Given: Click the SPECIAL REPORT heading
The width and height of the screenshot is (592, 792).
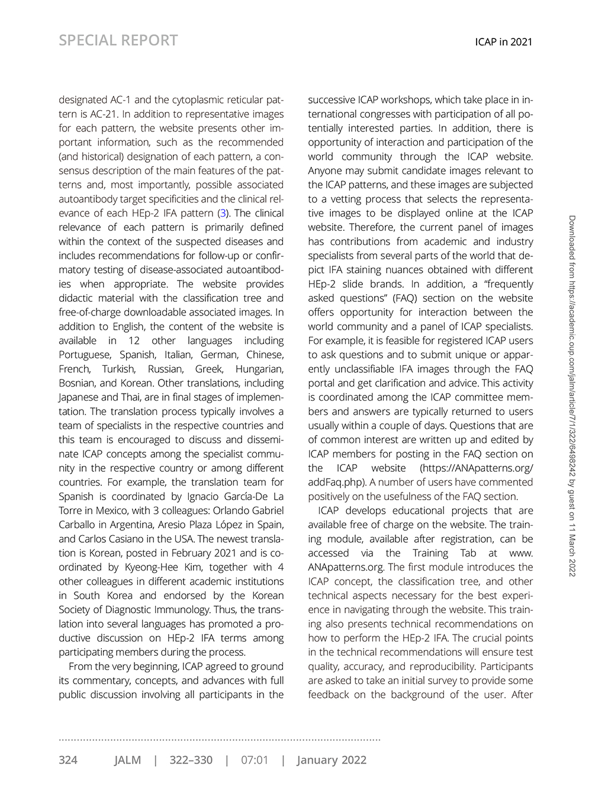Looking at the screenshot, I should coord(118,40).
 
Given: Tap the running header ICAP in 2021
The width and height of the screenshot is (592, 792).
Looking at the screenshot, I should coord(504,41).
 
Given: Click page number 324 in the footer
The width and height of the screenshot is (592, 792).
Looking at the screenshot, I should coord(68,760).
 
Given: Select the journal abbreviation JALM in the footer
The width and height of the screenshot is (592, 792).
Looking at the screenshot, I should coord(128,760).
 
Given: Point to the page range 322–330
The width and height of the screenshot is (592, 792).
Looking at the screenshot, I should coord(191,760).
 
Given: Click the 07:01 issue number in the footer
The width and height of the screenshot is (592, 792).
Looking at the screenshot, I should coord(255,760).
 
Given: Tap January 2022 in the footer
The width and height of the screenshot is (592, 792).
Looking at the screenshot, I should coord(332,760).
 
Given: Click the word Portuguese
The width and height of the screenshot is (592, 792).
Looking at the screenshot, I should coord(84,355).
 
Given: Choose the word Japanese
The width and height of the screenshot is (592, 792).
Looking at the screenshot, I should coord(81,397).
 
